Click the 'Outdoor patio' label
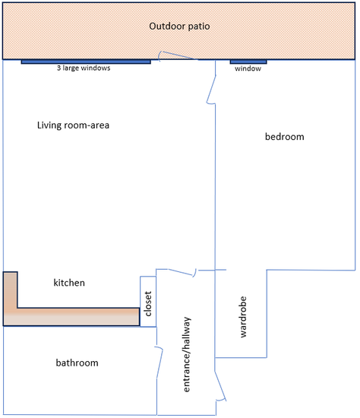click(x=179, y=26)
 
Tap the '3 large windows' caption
click(x=84, y=68)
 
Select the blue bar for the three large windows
click(x=86, y=62)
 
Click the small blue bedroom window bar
click(x=248, y=62)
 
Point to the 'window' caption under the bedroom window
click(x=248, y=68)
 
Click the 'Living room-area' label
click(x=73, y=125)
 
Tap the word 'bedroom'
click(x=284, y=137)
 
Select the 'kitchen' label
click(x=69, y=283)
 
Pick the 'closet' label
click(x=148, y=304)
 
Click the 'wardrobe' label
click(x=243, y=317)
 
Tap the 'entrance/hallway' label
click(x=187, y=354)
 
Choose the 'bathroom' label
click(x=77, y=363)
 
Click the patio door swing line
click(x=178, y=55)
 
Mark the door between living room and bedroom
click(x=211, y=90)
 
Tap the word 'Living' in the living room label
click(x=49, y=125)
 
